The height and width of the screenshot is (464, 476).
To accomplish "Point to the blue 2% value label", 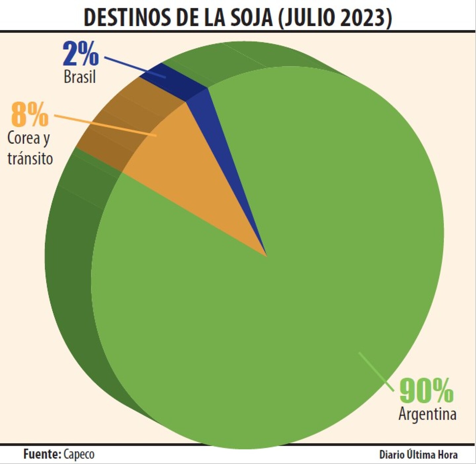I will click(81, 53).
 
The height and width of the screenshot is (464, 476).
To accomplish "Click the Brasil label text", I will click(80, 77).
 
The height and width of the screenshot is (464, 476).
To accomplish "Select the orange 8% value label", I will click(30, 115).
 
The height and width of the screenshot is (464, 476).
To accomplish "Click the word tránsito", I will click(30, 158).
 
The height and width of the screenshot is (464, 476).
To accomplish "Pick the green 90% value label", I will click(426, 391).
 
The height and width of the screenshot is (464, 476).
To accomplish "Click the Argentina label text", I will click(427, 414).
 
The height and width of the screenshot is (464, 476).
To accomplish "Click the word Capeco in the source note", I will click(79, 454).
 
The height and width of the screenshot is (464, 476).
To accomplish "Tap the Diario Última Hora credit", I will click(418, 455).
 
